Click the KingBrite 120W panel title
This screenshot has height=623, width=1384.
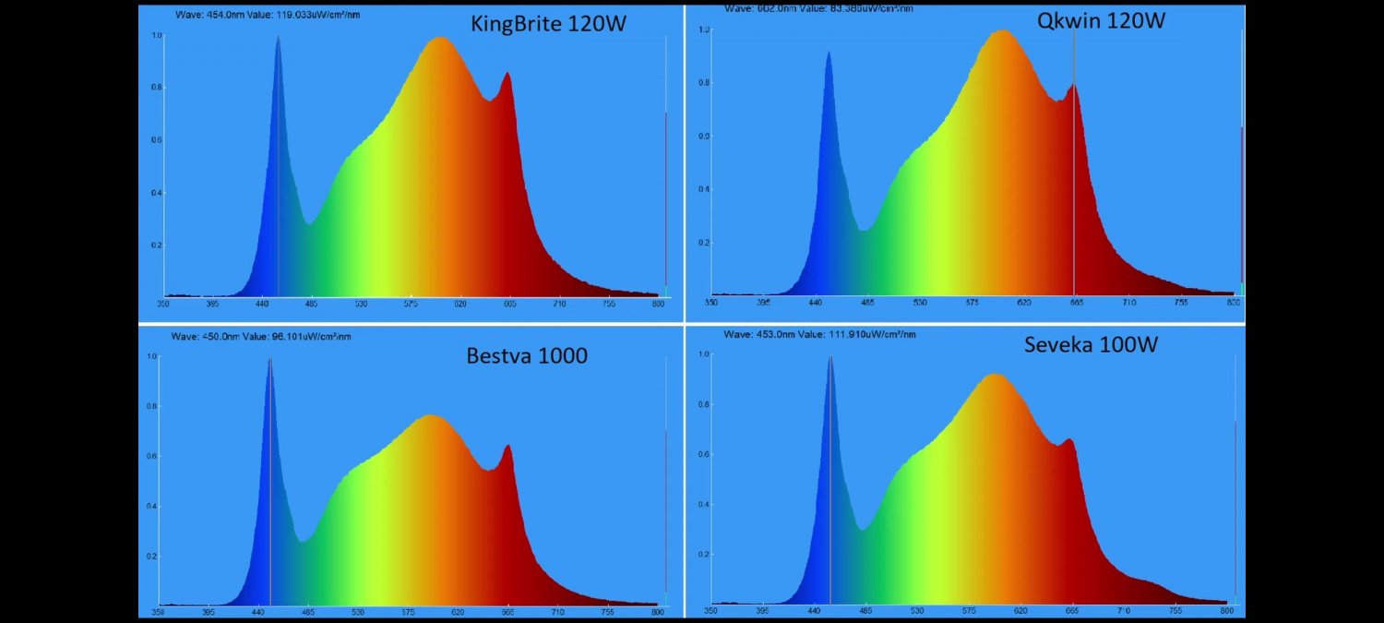pyautogui.click(x=548, y=24)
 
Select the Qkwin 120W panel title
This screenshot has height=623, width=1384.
pyautogui.click(x=1101, y=20)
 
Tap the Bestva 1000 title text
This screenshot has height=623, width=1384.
pyautogui.click(x=527, y=355)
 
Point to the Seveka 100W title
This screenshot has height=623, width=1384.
pyautogui.click(x=1091, y=345)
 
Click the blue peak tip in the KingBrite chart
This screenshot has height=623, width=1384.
pyautogui.click(x=278, y=38)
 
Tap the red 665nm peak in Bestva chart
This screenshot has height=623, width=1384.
pyautogui.click(x=507, y=447)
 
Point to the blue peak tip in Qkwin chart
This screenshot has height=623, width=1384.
pyautogui.click(x=829, y=53)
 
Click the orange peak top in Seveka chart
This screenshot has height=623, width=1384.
pyautogui.click(x=995, y=375)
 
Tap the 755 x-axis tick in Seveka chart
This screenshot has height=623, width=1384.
pyautogui.click(x=1175, y=610)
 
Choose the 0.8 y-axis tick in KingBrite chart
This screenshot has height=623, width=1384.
pyautogui.click(x=157, y=88)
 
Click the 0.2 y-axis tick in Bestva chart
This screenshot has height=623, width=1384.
pyautogui.click(x=152, y=557)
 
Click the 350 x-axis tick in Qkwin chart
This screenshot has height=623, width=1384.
pyautogui.click(x=711, y=302)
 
